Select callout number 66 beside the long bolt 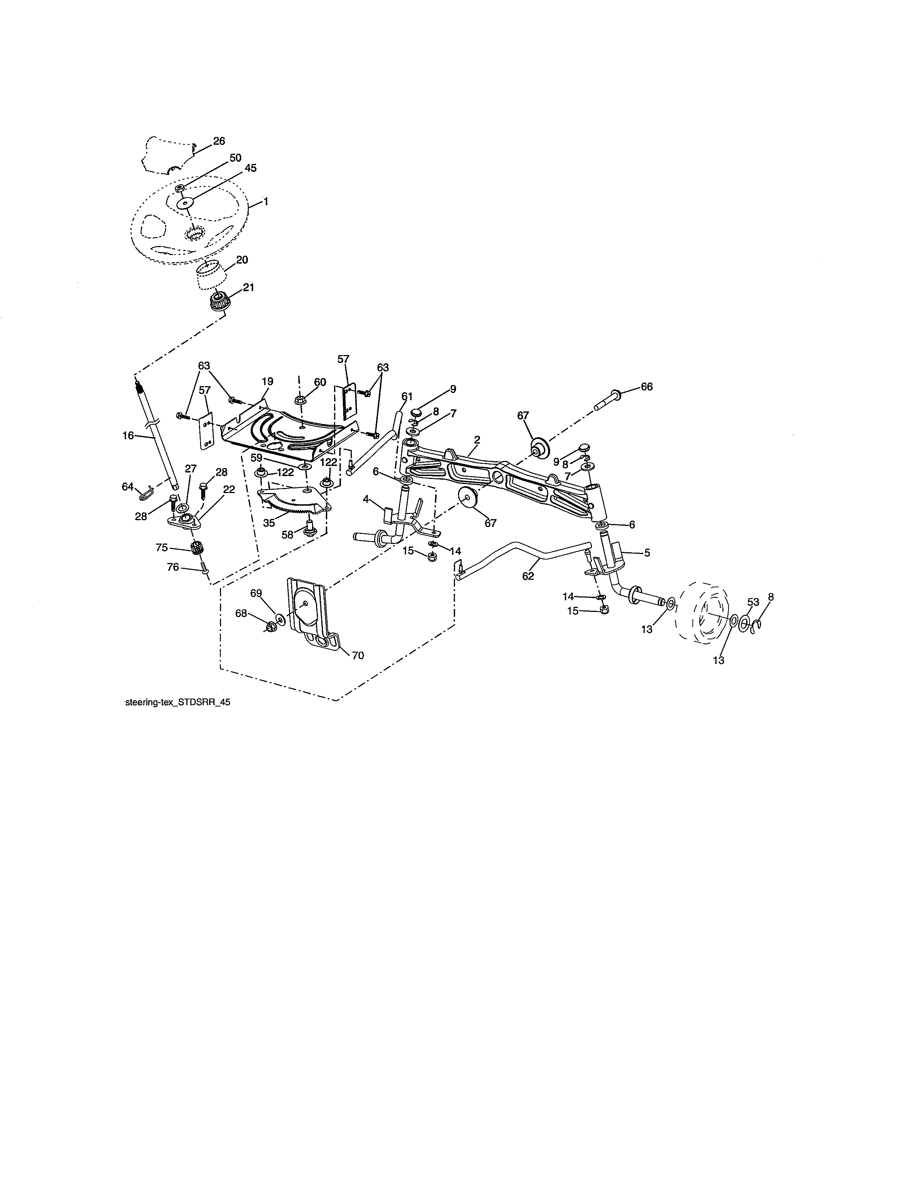[647, 386]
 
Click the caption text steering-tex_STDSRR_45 [177, 703]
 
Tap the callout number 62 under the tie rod [528, 576]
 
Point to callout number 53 [753, 602]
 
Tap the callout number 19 [267, 381]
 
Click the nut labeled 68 [271, 627]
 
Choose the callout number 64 [127, 486]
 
